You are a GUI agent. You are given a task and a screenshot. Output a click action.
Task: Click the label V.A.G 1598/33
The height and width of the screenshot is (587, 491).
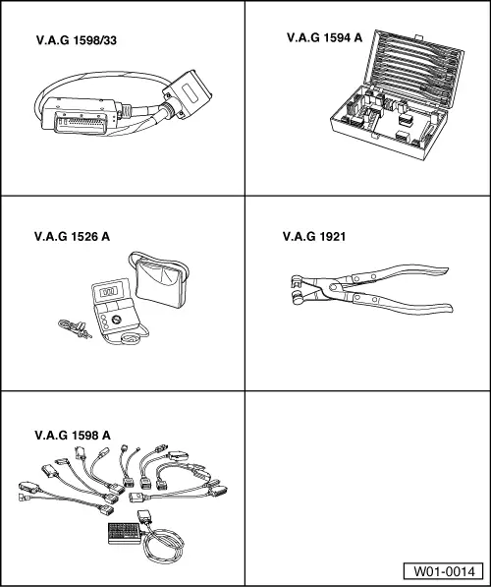[x=77, y=40]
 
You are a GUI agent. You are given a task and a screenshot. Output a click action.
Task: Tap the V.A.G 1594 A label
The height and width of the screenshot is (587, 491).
[x=324, y=37]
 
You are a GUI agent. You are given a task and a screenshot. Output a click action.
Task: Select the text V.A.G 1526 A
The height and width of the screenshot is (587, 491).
[x=72, y=237]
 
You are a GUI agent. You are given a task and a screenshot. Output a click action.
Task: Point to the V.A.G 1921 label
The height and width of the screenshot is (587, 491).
[x=314, y=237]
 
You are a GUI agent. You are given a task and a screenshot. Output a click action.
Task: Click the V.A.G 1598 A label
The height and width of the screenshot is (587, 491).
[x=73, y=435]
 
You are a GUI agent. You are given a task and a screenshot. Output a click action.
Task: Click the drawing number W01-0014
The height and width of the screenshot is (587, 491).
[x=444, y=571]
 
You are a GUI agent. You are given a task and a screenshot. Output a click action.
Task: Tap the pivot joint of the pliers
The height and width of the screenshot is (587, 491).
[x=332, y=287]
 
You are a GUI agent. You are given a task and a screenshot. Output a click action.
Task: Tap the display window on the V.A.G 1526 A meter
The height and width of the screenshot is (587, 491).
[x=110, y=292]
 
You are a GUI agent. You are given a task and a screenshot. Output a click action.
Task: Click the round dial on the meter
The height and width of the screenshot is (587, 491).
[x=117, y=320]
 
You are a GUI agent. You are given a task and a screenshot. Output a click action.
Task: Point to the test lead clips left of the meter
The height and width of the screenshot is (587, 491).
[x=75, y=328]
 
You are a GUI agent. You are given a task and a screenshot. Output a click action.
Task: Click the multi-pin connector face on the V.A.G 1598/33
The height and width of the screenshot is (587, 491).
[x=81, y=122]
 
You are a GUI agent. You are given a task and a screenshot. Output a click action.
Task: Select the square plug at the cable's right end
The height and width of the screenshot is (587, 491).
[x=187, y=94]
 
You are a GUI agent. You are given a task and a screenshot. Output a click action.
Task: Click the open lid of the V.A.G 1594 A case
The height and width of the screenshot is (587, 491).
[x=414, y=69]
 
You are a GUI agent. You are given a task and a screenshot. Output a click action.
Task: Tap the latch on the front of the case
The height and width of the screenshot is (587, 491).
[x=373, y=135]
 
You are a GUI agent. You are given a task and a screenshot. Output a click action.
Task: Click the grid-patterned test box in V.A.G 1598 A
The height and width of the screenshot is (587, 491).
[x=124, y=533]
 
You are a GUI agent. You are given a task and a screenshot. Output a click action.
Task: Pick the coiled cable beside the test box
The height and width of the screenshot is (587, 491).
[x=163, y=546]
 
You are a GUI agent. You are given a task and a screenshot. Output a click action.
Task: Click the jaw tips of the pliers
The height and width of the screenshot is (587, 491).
[x=298, y=288]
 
